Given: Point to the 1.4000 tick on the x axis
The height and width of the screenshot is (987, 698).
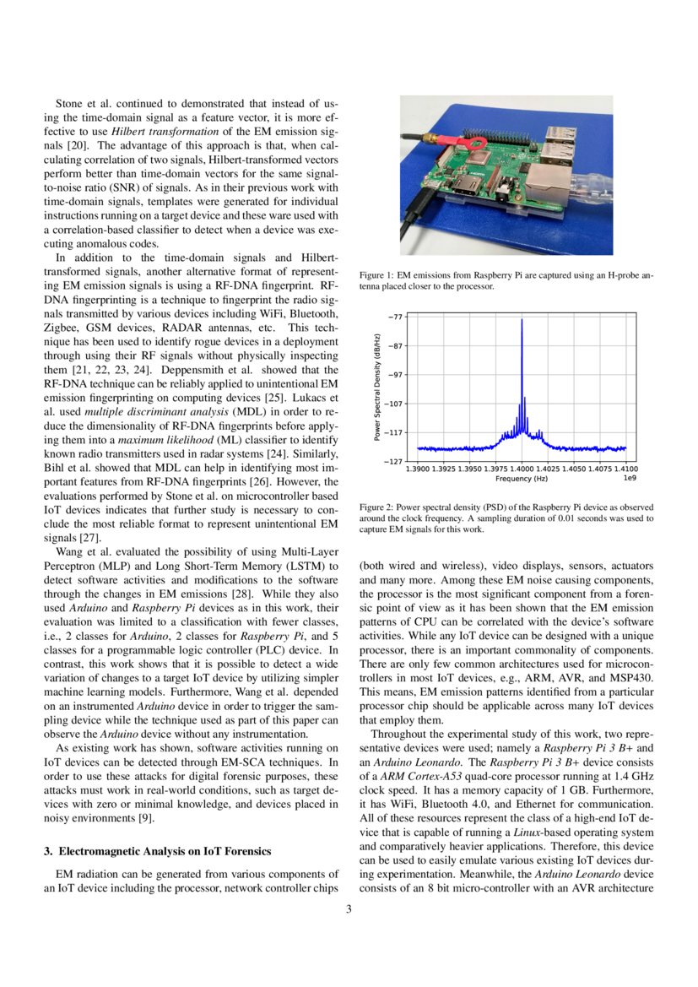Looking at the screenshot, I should click(522, 468).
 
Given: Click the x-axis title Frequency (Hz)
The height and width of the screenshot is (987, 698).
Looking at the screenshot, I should click(521, 479).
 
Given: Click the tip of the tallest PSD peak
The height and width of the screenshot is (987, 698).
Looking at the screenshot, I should click(522, 319).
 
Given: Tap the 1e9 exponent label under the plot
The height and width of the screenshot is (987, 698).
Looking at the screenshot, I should click(629, 479).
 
